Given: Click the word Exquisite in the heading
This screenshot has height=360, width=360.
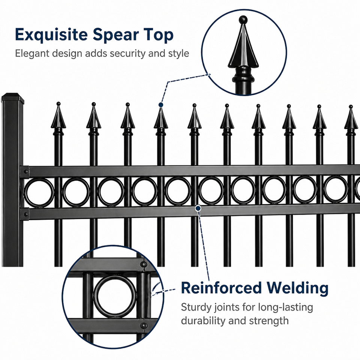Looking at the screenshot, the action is [x=51, y=35].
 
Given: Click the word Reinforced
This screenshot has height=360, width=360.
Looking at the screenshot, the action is [x=221, y=288].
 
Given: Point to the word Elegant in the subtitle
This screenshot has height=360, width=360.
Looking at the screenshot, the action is [x=32, y=54].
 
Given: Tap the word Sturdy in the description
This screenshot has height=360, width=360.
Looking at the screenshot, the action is [x=196, y=307].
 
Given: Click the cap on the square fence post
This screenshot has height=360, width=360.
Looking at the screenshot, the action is [x=13, y=97].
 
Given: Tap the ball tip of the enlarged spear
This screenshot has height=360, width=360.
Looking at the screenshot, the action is [x=243, y=19].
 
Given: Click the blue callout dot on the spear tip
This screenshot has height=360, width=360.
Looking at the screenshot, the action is [x=161, y=105].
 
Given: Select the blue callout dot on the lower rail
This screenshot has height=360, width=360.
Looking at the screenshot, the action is [x=198, y=208].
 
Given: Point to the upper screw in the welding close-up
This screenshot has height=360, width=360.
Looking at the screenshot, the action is [x=144, y=264].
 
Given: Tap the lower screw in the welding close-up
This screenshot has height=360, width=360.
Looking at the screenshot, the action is [x=144, y=325].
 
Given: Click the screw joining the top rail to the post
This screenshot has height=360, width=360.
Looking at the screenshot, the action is [x=26, y=171].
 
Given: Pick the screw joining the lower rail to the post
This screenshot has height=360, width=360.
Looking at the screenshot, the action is [x=26, y=214].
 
